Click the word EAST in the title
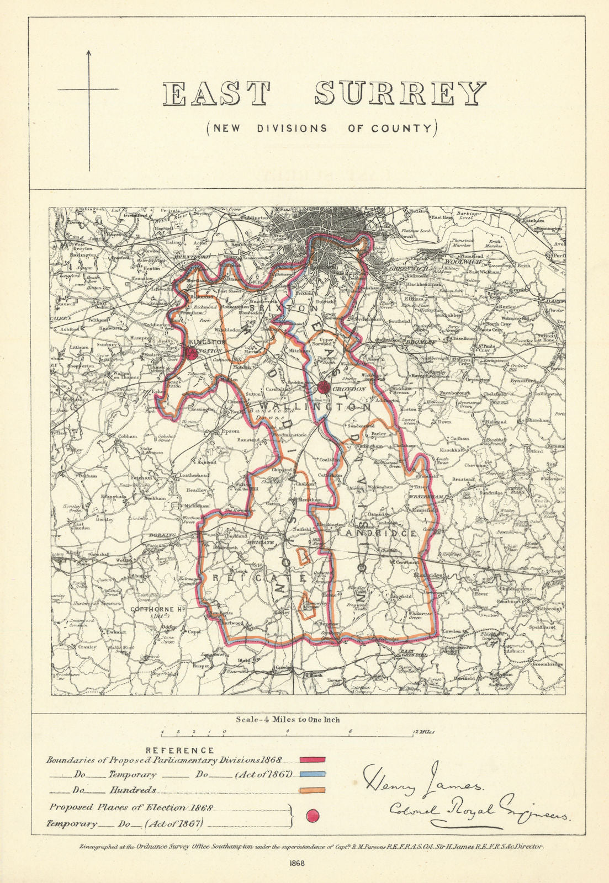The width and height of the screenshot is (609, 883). tap(217, 94)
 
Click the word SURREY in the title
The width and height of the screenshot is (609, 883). tap(400, 94)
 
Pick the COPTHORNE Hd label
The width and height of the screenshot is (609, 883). tap(157, 609)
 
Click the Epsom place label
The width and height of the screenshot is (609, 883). tap(231, 431)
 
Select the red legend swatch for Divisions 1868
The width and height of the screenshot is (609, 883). tap(313, 760)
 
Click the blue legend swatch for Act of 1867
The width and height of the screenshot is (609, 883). tap(313, 774)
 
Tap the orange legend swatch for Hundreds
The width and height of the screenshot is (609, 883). tap(313, 790)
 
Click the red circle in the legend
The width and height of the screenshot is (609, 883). tap(313, 816)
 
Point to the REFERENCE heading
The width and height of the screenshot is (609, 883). tap(179, 750)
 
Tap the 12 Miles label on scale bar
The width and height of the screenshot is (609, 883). tap(422, 732)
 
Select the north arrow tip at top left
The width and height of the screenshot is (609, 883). tap(89, 52)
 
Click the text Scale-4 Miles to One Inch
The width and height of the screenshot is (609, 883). tap(288, 719)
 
